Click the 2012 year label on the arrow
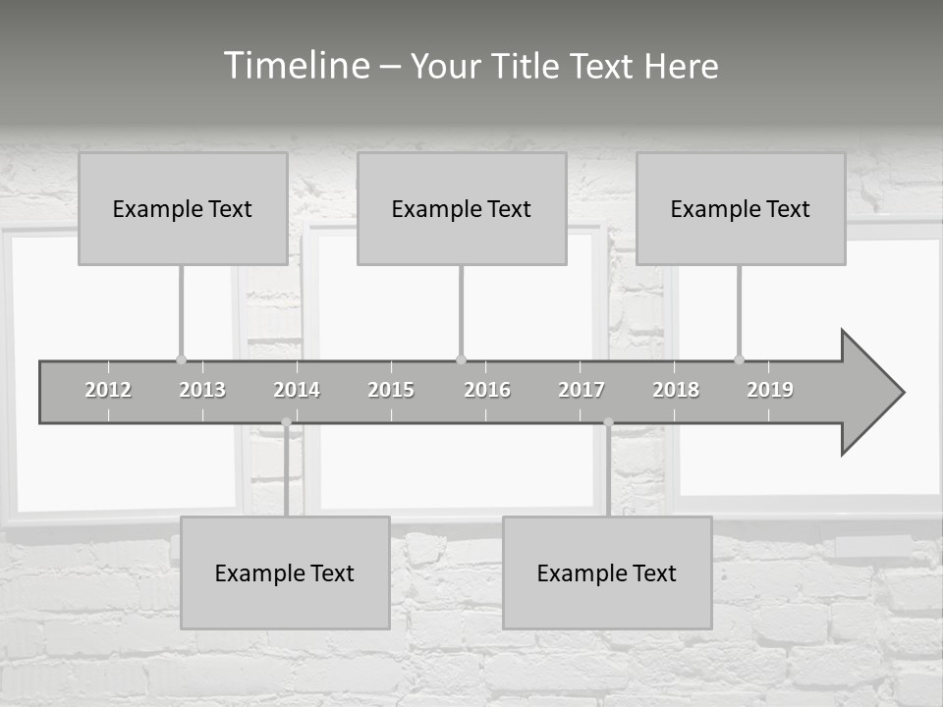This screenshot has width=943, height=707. coord(108,390)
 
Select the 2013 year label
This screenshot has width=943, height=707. coord(202,390)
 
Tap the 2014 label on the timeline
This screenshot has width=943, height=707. coord(297,390)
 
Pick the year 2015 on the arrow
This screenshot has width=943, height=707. coord(391,390)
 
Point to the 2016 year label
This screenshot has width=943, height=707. coord(487,390)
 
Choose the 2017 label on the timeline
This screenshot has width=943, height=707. coord(582,390)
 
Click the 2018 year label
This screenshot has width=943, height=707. coord(676,390)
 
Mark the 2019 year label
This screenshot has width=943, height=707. coord(770,390)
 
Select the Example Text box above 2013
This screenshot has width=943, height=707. coord(183,208)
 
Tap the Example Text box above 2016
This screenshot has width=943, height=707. coord(462,208)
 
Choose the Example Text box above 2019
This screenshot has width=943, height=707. coord(741,208)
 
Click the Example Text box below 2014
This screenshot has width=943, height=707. coord(285,572)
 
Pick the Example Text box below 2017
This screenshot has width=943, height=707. coord(607,572)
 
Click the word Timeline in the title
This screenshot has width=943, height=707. coord(296,66)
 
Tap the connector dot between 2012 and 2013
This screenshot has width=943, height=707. coord(181,359)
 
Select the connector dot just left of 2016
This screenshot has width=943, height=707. coord(461,359)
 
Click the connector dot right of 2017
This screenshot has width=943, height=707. coord(608,422)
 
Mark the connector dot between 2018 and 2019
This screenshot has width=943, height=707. coord(739,359)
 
